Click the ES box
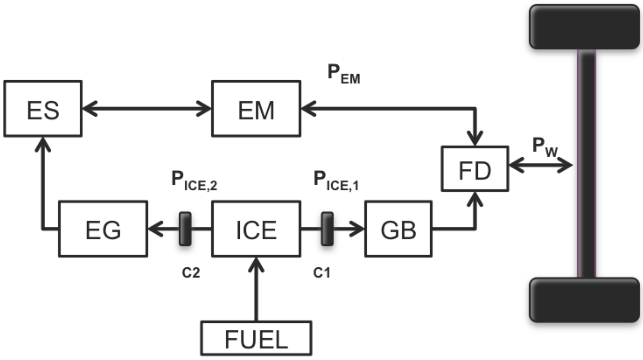pyautogui.click(x=43, y=109)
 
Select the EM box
pyautogui.click(x=256, y=109)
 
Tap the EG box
pyautogui.click(x=103, y=229)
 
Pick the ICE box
pyautogui.click(x=256, y=229)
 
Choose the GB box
pyautogui.click(x=398, y=229)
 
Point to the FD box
pyautogui.click(x=475, y=169)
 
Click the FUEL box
pyautogui.click(x=256, y=338)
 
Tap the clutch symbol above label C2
pyautogui.click(x=185, y=229)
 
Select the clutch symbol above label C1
pyautogui.click(x=327, y=229)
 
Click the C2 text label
pyautogui.click(x=191, y=273)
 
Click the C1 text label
pyautogui.click(x=322, y=273)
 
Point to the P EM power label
pyautogui.click(x=343, y=74)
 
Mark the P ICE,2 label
pyautogui.click(x=194, y=181)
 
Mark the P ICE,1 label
pyautogui.click(x=336, y=181)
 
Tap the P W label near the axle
pyautogui.click(x=545, y=147)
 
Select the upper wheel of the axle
pyautogui.click(x=584, y=27)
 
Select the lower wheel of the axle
pyautogui.click(x=584, y=300)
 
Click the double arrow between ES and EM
pyautogui.click(x=147, y=109)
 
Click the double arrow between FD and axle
pyautogui.click(x=541, y=165)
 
